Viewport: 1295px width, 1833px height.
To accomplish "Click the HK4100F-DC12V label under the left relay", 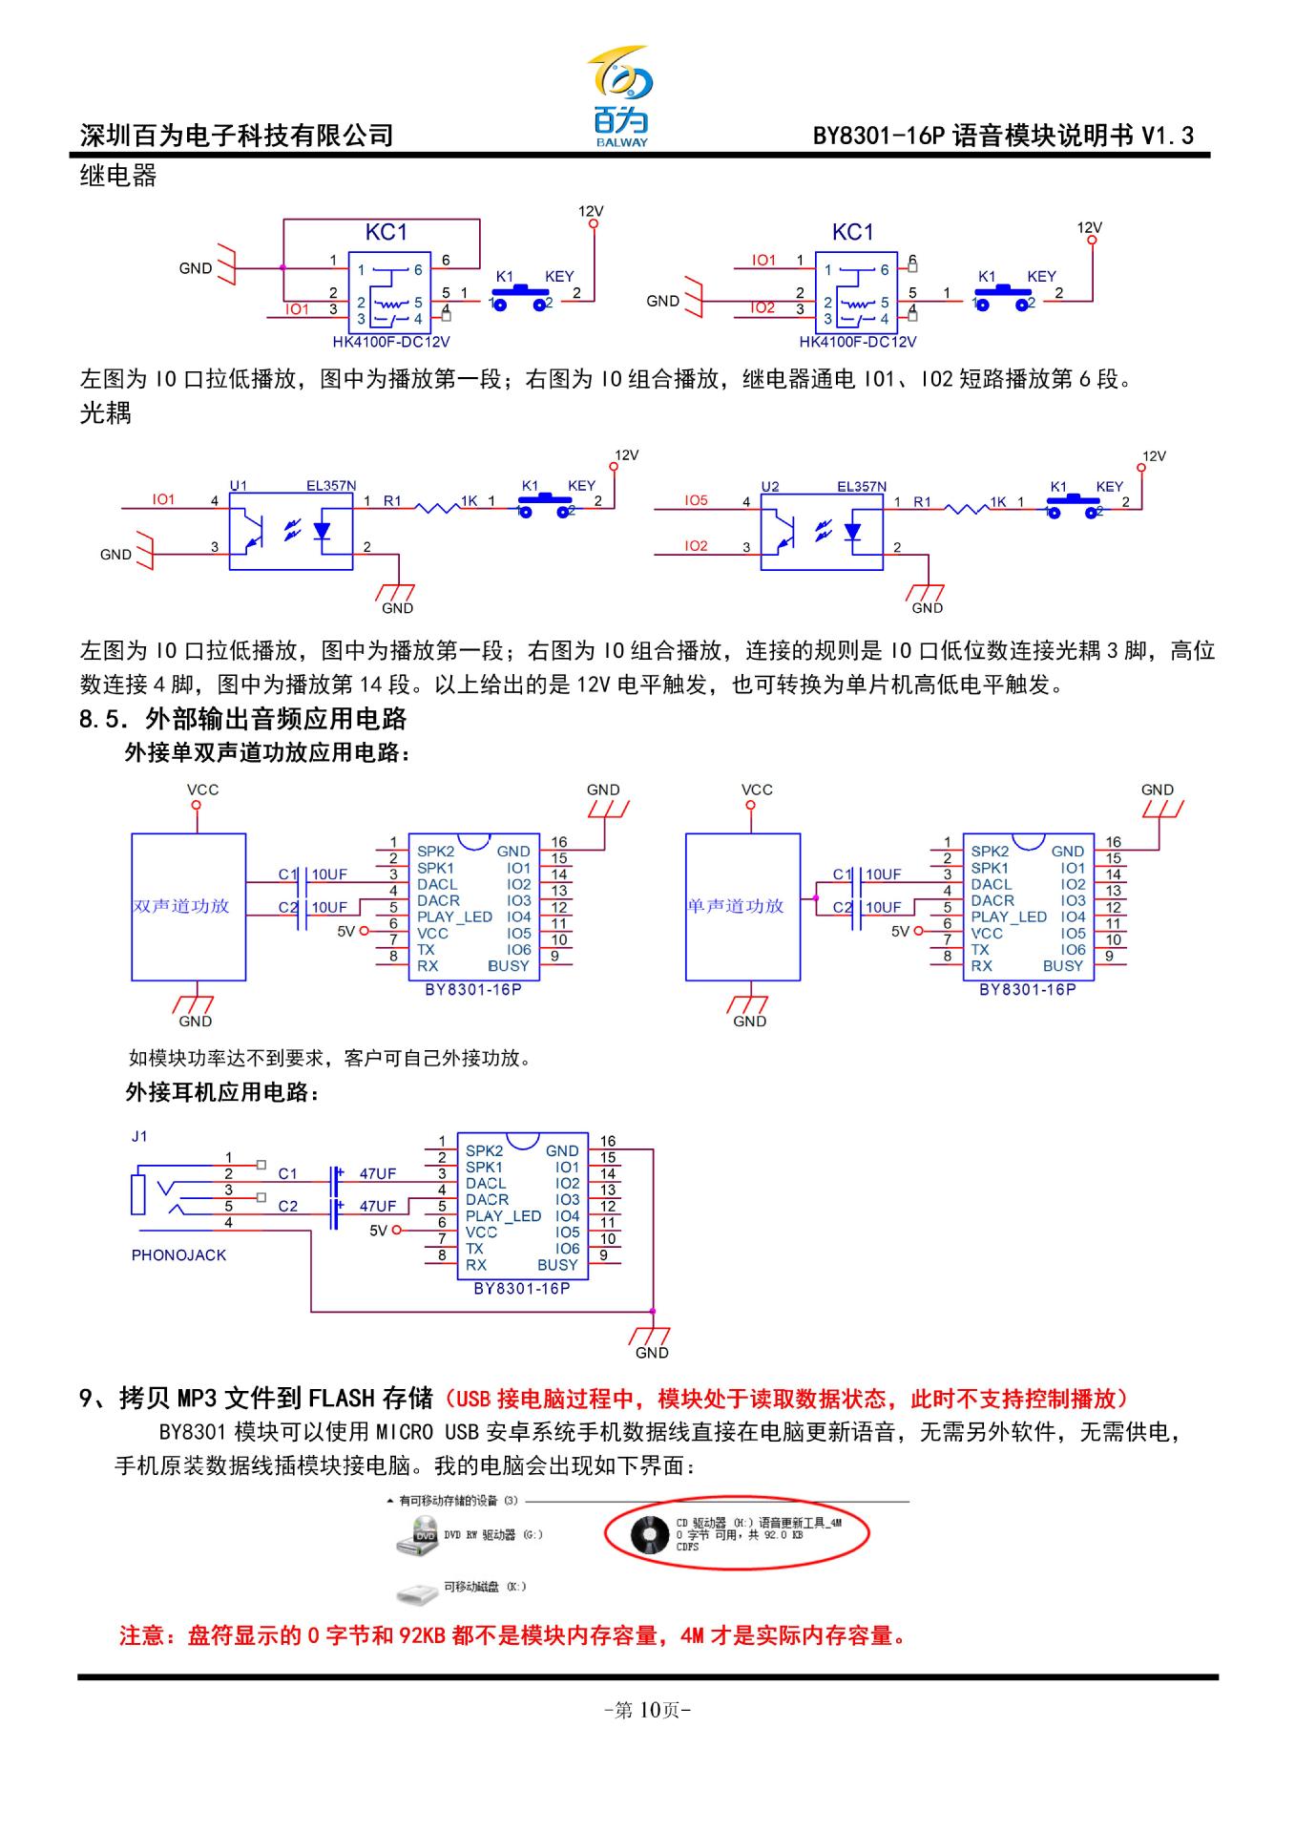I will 398,342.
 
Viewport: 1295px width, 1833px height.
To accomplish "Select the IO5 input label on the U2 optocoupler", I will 696,500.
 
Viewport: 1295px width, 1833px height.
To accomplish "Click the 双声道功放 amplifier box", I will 188,906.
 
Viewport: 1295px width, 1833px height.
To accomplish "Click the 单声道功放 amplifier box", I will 741,906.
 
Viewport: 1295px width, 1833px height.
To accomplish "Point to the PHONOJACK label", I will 178,1255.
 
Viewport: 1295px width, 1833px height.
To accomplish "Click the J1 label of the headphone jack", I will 139,1136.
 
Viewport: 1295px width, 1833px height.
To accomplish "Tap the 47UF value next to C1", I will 377,1173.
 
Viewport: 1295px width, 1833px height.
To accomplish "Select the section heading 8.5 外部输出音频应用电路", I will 243,719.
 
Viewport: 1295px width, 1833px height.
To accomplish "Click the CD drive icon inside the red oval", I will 650,1534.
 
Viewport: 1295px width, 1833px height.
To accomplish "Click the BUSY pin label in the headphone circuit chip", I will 557,1265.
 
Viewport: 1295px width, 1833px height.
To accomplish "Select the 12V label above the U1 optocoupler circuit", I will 626,455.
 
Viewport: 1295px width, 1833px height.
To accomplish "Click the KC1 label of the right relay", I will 852,232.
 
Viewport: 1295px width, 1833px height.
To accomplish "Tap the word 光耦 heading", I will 106,413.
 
